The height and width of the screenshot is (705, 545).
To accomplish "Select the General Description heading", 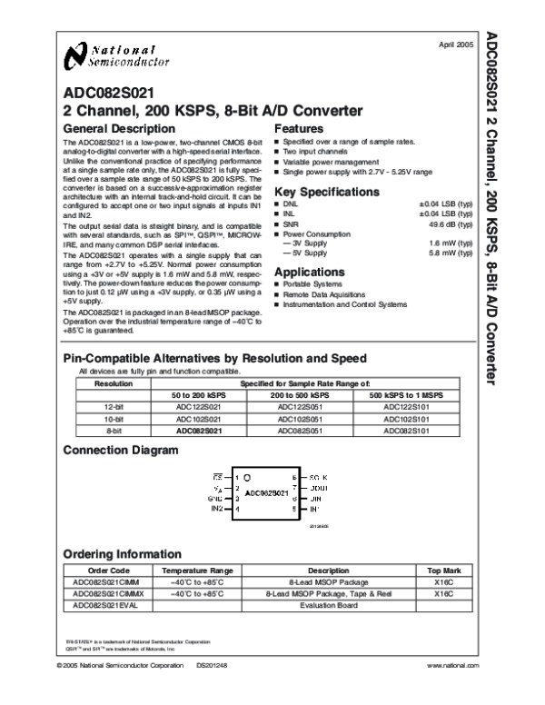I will [x=115, y=129].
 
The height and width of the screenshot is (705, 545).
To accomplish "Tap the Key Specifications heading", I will [x=324, y=192].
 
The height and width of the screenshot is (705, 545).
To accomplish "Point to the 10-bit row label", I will [x=114, y=420].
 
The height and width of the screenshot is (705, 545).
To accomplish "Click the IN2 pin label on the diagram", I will [x=218, y=510].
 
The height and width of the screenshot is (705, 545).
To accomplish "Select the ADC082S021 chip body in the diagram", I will [x=265, y=493].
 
